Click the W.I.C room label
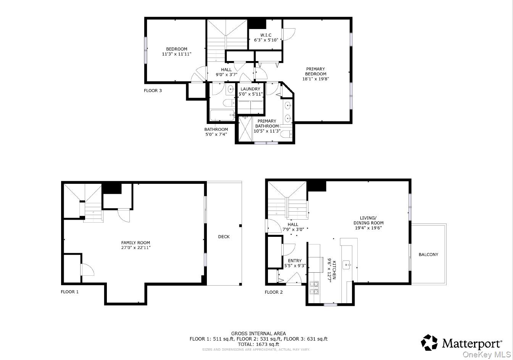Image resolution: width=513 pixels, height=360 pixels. [266, 35]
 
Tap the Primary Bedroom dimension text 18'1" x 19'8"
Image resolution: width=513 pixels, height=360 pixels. [316, 79]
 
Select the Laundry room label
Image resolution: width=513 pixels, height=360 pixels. [250, 89]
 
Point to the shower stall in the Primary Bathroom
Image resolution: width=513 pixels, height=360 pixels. [245, 129]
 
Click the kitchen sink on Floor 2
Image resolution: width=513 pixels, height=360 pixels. [347, 265]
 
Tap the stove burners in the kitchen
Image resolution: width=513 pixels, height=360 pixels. [314, 288]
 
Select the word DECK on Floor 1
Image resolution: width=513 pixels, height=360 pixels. [224, 237]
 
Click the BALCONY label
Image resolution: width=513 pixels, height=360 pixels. [428, 254]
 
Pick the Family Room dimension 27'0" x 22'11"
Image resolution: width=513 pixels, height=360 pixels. [136, 247]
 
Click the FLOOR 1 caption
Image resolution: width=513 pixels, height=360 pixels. [69, 292]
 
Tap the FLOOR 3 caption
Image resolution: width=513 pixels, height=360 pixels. [153, 90]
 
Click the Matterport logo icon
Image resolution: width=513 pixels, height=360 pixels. [429, 342]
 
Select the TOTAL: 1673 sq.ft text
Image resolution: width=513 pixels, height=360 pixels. [258, 344]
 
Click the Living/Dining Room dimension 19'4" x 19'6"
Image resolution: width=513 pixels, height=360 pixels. [368, 228]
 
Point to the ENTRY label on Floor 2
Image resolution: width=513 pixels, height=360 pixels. [295, 261]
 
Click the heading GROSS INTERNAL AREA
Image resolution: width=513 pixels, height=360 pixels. [258, 333]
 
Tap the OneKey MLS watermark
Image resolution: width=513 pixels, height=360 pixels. [487, 355]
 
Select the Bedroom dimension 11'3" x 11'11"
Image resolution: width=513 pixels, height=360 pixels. [177, 54]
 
